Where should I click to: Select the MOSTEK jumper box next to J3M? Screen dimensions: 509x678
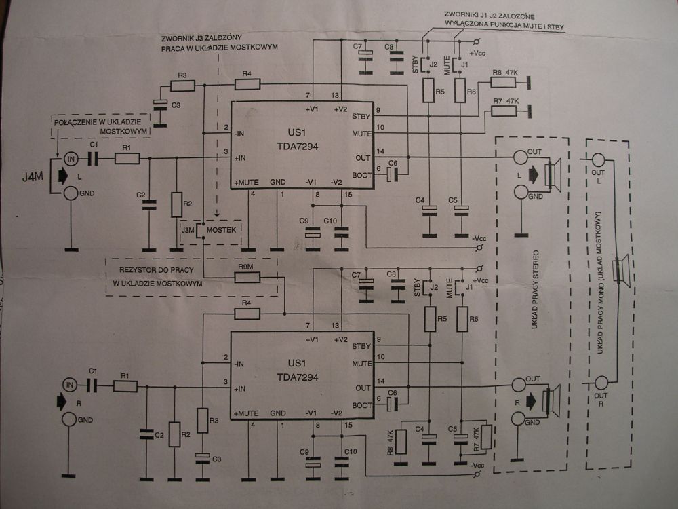click(218, 230)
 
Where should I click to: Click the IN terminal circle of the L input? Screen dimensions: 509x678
click(70, 159)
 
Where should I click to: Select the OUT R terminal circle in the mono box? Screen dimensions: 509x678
click(599, 381)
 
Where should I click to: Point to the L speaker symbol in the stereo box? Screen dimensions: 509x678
click(553, 174)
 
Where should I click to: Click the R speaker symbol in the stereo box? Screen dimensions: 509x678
click(553, 400)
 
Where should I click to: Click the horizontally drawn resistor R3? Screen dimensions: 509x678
click(182, 86)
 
